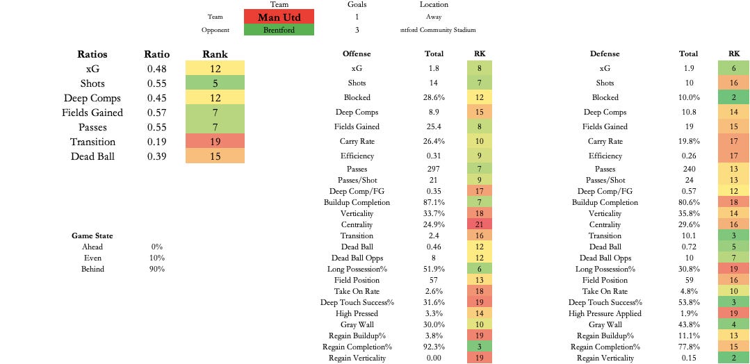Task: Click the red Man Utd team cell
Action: pos(279,17)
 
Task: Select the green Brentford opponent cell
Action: pos(279,30)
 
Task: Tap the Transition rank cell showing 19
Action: pos(215,142)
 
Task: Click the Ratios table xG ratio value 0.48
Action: pos(156,69)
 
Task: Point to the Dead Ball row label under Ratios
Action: pos(92,156)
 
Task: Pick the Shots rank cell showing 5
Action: pos(215,83)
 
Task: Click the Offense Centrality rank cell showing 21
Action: pos(480,224)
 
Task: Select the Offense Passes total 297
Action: pos(434,169)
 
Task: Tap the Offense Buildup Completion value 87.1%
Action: pos(434,202)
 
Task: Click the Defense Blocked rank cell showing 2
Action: pos(734,97)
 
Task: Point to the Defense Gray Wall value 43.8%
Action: pos(688,324)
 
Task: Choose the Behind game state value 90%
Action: pos(156,269)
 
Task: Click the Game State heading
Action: pos(92,235)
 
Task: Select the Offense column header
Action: pos(357,53)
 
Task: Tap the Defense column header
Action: pos(605,53)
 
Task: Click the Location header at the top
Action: pos(434,4)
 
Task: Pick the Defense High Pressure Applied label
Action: pos(605,313)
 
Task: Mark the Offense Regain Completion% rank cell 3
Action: pos(480,347)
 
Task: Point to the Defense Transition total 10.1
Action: pos(688,235)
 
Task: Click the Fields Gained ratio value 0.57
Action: pos(156,113)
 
